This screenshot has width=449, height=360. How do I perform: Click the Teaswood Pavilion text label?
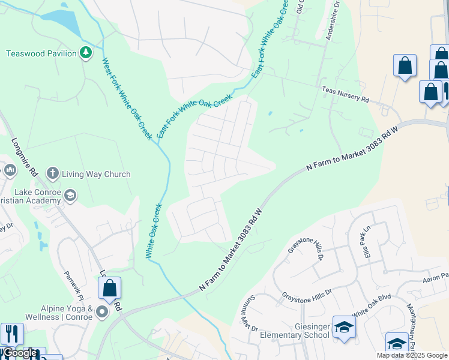pos(41,53)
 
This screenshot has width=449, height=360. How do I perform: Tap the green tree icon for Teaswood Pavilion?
pos(86,53)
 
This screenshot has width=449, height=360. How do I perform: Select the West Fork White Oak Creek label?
pos(127,98)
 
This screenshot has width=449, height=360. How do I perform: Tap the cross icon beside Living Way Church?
pos(52,174)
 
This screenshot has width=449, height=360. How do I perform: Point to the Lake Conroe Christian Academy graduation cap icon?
pos(70,194)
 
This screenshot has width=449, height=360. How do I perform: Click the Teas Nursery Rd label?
pos(345,95)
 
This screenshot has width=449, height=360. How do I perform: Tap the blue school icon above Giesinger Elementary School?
pos(344,327)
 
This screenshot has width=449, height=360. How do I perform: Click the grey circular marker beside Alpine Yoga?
pos(102,311)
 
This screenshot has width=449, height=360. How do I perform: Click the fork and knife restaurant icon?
pos(11,334)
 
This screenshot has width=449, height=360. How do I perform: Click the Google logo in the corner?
pos(20,353)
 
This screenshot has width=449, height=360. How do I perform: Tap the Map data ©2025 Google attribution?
pos(411,355)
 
